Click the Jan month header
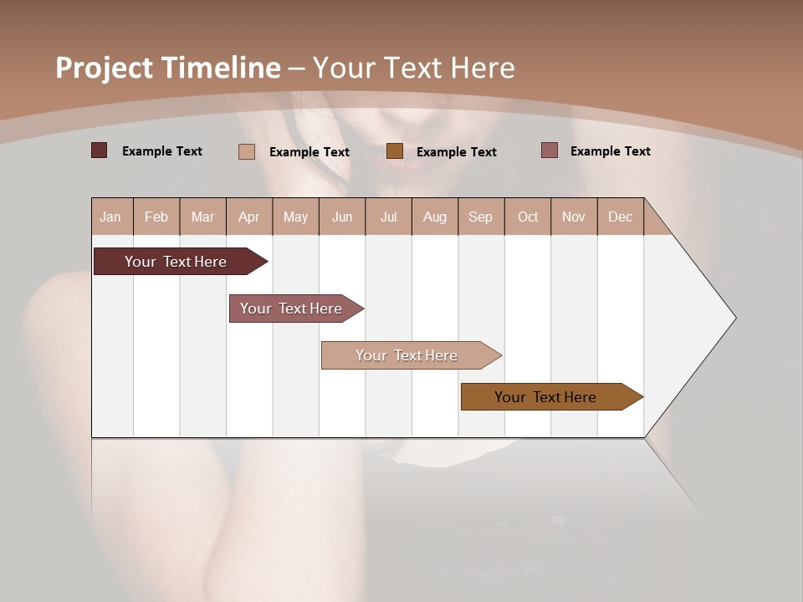pyautogui.click(x=111, y=217)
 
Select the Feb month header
pyautogui.click(x=156, y=217)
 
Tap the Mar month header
pyautogui.click(x=203, y=217)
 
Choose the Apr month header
pyautogui.click(x=249, y=217)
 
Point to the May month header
pyautogui.click(x=295, y=217)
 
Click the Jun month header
pyautogui.click(x=342, y=217)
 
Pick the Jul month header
pyautogui.click(x=389, y=217)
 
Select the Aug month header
pyautogui.click(x=435, y=217)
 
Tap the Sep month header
pyautogui.click(x=481, y=217)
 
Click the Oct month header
pyautogui.click(x=528, y=217)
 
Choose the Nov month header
pyautogui.click(x=574, y=217)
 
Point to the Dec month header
pyautogui.click(x=621, y=217)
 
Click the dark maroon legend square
pyautogui.click(x=100, y=150)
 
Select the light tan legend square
pyautogui.click(x=247, y=151)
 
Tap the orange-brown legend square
pyautogui.click(x=395, y=150)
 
